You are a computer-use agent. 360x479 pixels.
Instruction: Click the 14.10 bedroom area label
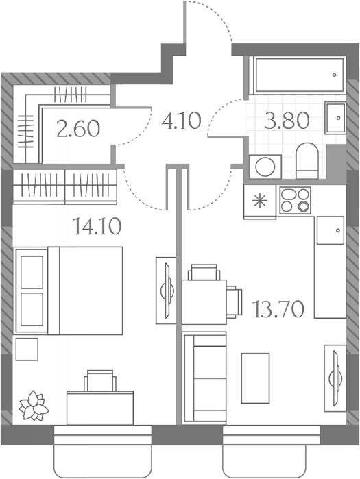point(97,226)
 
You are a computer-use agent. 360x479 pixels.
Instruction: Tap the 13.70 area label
point(278,309)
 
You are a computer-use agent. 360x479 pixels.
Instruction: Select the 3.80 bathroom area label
point(287,121)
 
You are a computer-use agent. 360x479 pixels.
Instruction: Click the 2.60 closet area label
point(78,128)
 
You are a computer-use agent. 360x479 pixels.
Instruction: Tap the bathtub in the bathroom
point(299,75)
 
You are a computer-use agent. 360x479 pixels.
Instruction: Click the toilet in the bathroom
point(307,160)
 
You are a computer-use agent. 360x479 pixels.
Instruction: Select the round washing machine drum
point(265,167)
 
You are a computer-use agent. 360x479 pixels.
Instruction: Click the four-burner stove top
point(296,200)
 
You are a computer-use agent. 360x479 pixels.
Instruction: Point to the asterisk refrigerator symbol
point(260,201)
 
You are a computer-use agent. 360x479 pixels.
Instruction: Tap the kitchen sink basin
point(331,230)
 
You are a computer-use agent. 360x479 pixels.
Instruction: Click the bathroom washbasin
point(335,118)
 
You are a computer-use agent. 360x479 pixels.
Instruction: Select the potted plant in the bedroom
point(34,406)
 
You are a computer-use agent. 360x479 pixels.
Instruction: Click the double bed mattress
point(85,291)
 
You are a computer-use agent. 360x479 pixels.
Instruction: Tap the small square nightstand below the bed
point(27,349)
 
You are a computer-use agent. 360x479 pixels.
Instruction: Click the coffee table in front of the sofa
point(256,378)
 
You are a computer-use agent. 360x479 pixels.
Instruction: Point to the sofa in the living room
point(204,378)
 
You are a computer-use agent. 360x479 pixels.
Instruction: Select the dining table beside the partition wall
point(204,302)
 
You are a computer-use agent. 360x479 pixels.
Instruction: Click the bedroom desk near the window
point(100,408)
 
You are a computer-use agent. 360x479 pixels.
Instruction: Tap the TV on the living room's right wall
point(335,378)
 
